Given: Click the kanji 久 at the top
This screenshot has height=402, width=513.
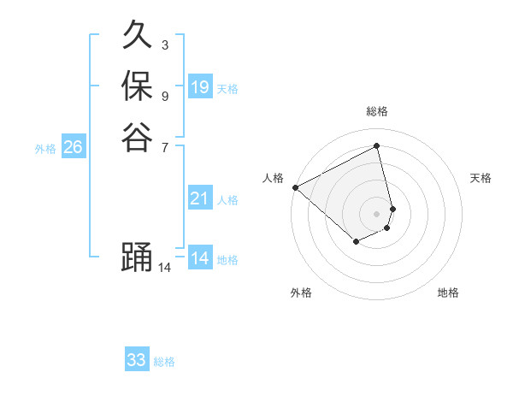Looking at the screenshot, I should (x=137, y=36).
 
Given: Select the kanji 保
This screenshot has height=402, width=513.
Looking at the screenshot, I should (x=137, y=86).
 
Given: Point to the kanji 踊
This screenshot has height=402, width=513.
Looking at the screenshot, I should (x=137, y=258).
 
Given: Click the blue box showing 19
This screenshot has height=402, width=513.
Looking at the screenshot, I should (x=199, y=87).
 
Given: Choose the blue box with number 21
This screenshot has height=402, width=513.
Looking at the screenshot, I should (x=199, y=198).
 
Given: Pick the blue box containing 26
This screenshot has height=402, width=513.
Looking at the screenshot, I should (x=73, y=147).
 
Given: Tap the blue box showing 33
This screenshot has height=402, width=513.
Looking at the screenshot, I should (x=136, y=360).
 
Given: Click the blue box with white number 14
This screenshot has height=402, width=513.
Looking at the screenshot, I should (x=199, y=258).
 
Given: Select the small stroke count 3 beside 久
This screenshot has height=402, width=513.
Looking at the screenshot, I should (x=164, y=44).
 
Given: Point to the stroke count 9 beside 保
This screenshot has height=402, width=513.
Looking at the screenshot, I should (x=164, y=96).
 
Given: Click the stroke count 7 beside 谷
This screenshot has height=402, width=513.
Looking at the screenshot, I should (x=164, y=147).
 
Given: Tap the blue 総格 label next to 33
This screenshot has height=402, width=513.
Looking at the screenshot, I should (x=164, y=362).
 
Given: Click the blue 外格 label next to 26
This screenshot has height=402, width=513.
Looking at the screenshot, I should (x=45, y=148).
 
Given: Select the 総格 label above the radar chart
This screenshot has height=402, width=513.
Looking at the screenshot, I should (x=376, y=111).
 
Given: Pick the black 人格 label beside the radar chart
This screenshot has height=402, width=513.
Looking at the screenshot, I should (x=273, y=177).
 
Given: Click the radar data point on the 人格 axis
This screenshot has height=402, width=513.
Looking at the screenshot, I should (x=295, y=187).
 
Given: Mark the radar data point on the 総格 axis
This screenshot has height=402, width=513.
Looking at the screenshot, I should (x=376, y=145).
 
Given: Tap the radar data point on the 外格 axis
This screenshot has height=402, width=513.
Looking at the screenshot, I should (x=356, y=243).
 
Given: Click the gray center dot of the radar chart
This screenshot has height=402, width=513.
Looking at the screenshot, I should (x=376, y=213).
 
